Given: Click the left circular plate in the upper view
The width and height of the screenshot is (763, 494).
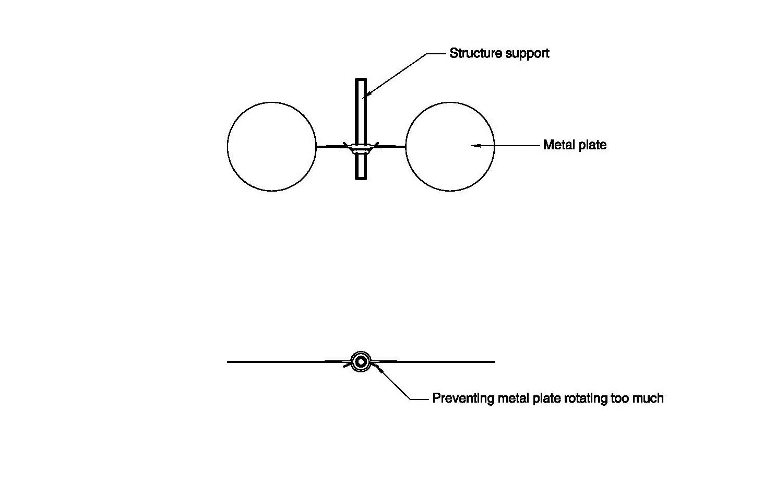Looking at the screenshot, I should pos(272,146).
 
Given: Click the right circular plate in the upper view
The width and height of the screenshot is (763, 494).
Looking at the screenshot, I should pos(450,146).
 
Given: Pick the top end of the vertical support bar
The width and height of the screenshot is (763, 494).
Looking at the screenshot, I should pos(361,80).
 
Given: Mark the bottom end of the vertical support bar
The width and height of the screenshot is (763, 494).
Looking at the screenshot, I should pos(361,178).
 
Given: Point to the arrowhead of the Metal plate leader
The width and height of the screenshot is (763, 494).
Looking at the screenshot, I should pos(473,146).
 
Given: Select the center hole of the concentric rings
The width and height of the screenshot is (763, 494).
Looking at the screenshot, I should pos(360,361).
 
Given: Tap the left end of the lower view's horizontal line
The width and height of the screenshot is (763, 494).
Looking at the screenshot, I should pos(228,361).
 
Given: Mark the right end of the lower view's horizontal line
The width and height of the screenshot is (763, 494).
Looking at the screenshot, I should pos(494,361).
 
